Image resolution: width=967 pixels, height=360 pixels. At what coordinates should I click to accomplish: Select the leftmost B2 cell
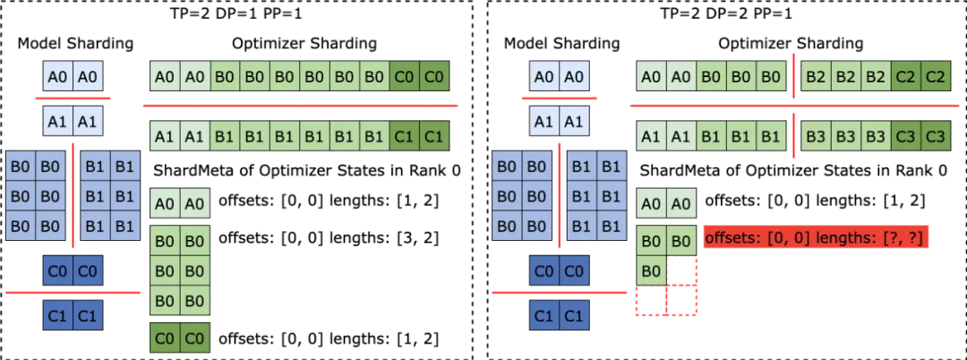(x=816, y=77)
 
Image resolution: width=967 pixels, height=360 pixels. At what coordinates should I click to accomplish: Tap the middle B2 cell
(x=845, y=77)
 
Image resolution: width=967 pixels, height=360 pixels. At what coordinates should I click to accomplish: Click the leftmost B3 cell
(x=816, y=137)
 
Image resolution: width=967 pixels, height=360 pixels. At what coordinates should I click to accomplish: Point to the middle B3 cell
(x=845, y=137)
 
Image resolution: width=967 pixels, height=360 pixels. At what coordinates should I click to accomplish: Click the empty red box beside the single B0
(x=682, y=270)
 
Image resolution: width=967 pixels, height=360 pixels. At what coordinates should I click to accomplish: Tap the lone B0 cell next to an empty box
(x=651, y=270)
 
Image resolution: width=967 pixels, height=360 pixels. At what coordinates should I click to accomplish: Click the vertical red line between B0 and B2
(x=793, y=77)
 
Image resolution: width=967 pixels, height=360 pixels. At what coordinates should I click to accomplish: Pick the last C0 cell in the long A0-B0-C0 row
(x=434, y=77)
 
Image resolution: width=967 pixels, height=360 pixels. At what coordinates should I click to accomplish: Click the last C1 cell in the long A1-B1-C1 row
(x=434, y=137)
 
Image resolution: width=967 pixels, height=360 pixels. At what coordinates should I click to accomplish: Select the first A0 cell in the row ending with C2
(x=651, y=77)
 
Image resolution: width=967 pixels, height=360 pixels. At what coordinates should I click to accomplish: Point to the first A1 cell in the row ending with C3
(x=651, y=137)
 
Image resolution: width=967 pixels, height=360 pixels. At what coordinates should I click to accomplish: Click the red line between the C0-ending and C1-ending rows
(x=299, y=105)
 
